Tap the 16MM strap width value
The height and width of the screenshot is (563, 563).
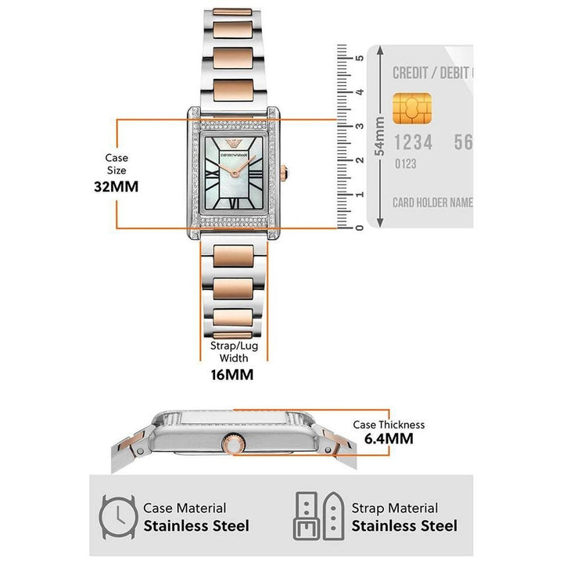coord(232,375)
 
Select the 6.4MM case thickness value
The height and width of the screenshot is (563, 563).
coord(389,439)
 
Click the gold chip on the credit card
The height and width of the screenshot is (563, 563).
coord(411,109)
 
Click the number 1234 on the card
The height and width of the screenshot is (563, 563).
coord(412,142)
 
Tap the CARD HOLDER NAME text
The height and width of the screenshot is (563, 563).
coord(432,203)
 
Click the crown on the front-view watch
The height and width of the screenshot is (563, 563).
coord(283,175)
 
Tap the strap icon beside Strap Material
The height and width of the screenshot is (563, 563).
coord(319,517)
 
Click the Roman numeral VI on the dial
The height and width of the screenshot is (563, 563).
coord(233,205)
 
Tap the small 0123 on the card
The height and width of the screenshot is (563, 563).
coord(404,164)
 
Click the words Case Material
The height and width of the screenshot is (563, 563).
coord(185,508)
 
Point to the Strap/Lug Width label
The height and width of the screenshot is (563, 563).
coord(232,352)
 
